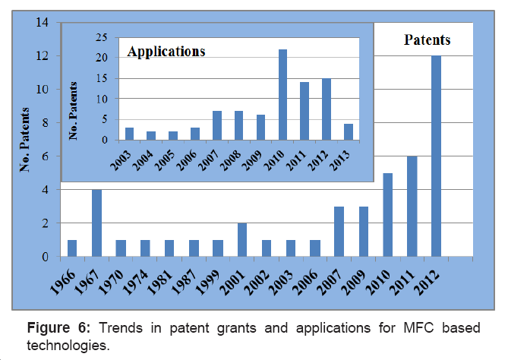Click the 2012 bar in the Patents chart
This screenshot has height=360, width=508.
[437, 156]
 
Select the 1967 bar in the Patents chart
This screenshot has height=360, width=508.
[96, 223]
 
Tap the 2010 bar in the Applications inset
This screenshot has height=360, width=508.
[282, 95]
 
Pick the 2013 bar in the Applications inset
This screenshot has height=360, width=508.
[349, 131]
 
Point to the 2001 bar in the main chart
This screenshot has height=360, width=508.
[242, 240]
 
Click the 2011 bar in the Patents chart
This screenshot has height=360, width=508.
[412, 207]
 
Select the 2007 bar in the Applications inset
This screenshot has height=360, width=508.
[216, 125]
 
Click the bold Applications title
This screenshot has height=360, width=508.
[166, 52]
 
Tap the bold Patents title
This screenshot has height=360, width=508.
[427, 39]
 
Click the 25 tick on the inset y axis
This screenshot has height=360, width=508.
[101, 36]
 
